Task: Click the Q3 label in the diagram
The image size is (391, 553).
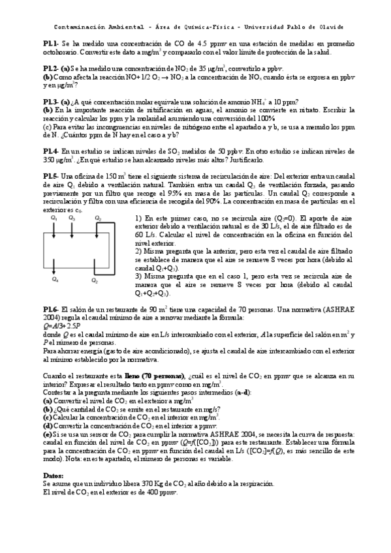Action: point(72,218)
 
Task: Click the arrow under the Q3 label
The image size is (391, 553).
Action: point(71,228)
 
